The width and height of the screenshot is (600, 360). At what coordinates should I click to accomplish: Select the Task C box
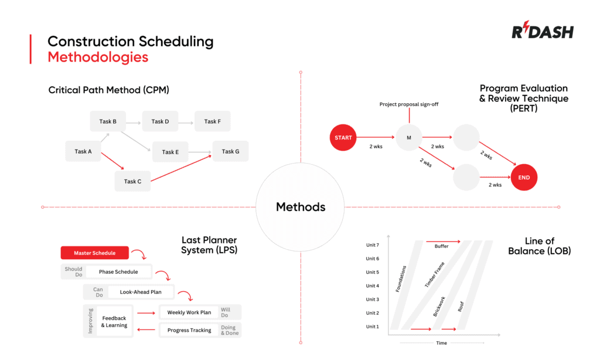point(132,181)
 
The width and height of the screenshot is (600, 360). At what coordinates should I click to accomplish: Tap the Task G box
point(230,151)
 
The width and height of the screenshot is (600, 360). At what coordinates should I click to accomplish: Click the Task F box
point(212,121)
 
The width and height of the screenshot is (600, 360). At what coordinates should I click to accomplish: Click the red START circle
point(343,138)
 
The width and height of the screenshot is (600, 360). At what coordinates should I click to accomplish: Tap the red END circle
point(524,177)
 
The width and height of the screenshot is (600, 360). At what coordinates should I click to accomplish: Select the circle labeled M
point(409,138)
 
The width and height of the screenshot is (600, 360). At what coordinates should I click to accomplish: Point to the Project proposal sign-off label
point(409,104)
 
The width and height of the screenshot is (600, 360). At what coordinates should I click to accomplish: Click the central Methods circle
point(300,207)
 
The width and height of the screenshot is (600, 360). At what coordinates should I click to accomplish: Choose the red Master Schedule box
point(94,253)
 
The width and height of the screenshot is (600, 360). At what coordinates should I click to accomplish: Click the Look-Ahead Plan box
point(141,291)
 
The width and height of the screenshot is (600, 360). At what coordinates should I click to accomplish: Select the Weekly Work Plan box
point(189,313)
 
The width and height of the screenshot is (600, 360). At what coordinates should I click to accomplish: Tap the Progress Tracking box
point(189,330)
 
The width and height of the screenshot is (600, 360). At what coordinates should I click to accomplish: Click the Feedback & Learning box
point(114,321)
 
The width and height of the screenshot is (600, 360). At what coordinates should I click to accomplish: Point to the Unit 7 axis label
point(373,245)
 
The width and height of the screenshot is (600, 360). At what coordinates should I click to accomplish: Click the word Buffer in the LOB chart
point(441,246)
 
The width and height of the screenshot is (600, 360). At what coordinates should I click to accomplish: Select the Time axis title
point(442,343)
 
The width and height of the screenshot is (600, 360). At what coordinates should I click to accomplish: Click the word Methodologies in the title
point(98,57)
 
